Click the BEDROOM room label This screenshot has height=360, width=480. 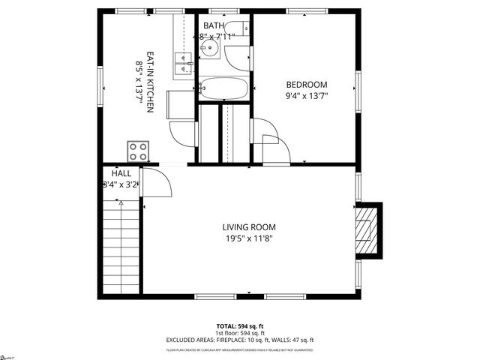(x=307, y=84)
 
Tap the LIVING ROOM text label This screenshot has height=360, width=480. (x=248, y=227)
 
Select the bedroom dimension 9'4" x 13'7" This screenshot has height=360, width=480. (x=307, y=95)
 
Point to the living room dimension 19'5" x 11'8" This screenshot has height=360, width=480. (x=248, y=238)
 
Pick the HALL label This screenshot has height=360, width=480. (x=121, y=173)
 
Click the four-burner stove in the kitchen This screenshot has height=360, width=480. (x=137, y=151)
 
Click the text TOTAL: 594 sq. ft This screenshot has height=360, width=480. (x=240, y=326)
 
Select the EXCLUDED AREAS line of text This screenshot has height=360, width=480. (x=240, y=340)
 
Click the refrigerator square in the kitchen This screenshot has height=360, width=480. (x=180, y=104)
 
